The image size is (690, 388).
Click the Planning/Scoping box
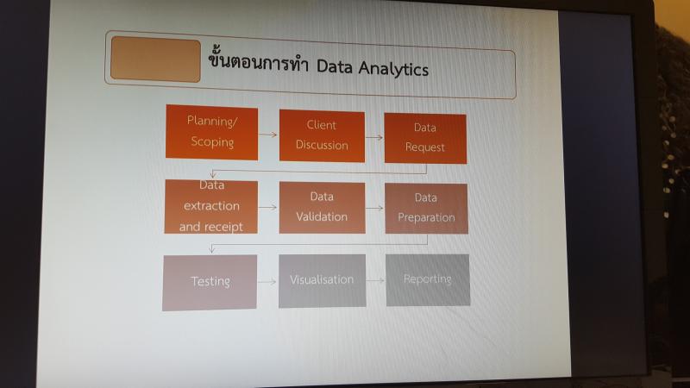click(x=211, y=132)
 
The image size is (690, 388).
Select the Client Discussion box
click(x=322, y=136)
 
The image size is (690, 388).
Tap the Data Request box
click(x=425, y=138)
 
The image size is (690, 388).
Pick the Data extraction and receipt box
click(x=211, y=206)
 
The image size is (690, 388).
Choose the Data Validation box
click(x=322, y=207)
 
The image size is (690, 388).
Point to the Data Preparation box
click(x=426, y=208)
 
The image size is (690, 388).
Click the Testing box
click(x=210, y=283)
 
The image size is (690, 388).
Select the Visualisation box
click(x=322, y=280)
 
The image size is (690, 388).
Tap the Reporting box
click(x=428, y=279)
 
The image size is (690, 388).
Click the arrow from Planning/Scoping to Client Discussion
click(x=268, y=135)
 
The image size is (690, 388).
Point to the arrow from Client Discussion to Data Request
click(x=374, y=137)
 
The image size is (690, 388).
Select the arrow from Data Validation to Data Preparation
click(x=375, y=208)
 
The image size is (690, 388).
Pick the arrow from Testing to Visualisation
click(x=267, y=281)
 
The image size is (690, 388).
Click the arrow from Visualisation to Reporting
click(x=376, y=280)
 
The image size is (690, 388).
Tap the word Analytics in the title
click(x=393, y=70)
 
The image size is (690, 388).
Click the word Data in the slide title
click(x=335, y=66)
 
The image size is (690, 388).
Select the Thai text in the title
click(x=258, y=61)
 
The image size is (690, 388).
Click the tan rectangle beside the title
click(x=155, y=59)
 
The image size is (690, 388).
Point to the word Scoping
click(x=212, y=142)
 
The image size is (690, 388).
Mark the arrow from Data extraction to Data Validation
click(x=268, y=207)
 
